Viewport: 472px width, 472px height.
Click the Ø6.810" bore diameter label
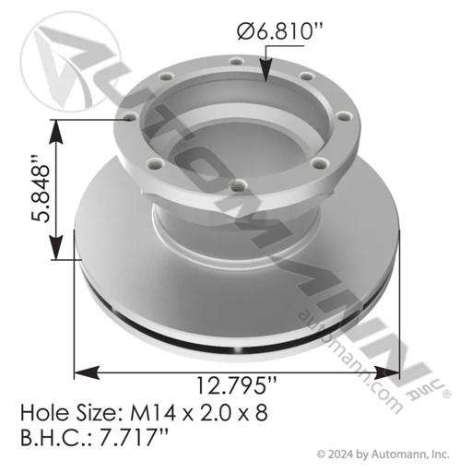[x=280, y=32]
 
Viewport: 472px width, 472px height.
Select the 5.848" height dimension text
[x=41, y=189]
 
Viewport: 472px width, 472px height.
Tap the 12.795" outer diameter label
[x=236, y=385]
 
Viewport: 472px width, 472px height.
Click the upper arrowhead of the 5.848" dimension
[x=56, y=132]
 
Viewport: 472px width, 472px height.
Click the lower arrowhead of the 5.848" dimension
[x=56, y=248]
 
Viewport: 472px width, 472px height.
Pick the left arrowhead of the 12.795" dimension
[x=87, y=372]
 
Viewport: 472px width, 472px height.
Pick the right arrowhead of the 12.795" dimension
[x=387, y=372]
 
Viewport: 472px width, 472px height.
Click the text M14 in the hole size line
[x=153, y=413]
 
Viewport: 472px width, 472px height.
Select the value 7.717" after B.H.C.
[x=134, y=437]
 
